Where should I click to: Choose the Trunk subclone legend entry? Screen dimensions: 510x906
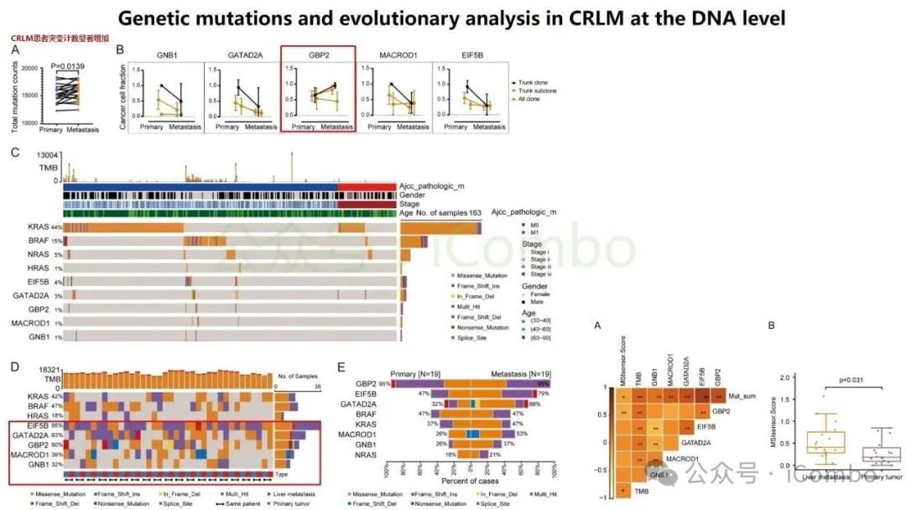click(537, 91)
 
